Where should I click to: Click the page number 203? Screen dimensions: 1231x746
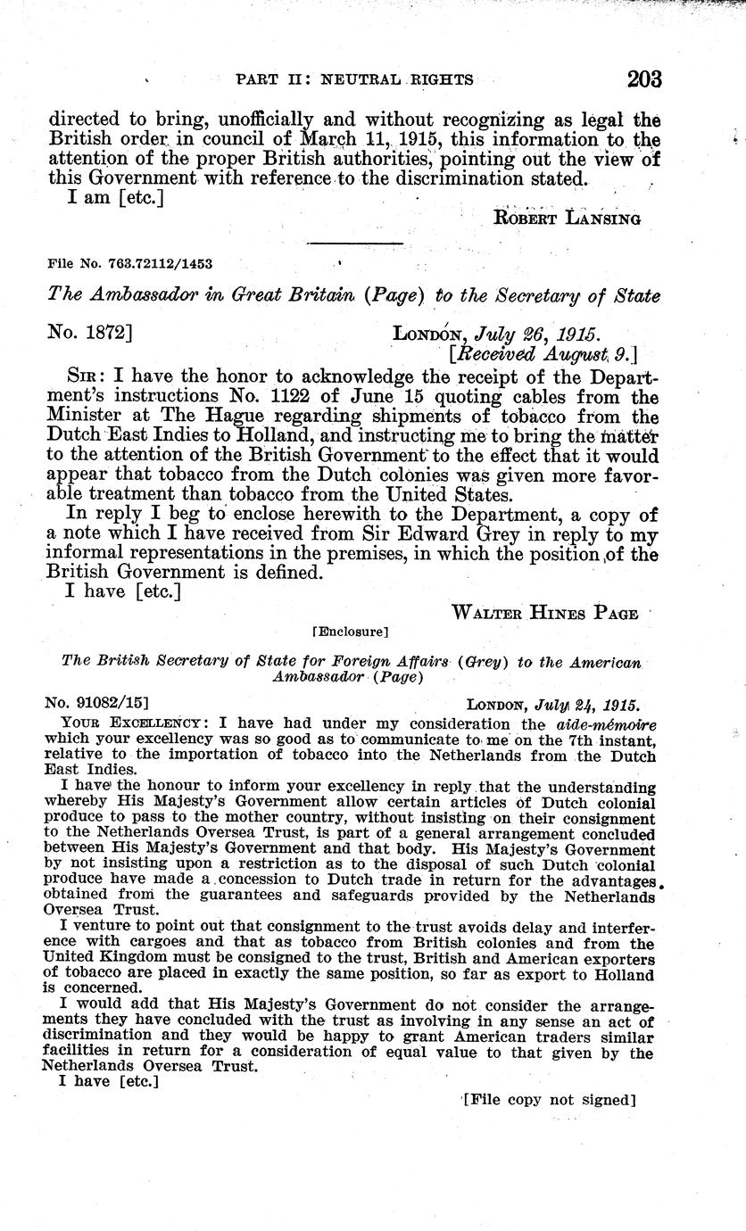click(644, 79)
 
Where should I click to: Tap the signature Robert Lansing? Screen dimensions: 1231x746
click(567, 219)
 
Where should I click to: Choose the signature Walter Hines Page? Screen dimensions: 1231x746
click(545, 613)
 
